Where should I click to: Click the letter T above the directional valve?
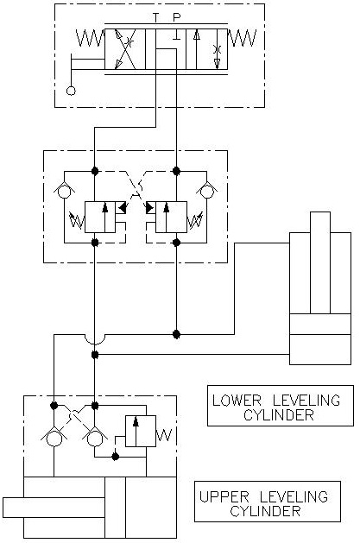click(x=155, y=16)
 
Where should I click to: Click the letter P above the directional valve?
click(x=177, y=16)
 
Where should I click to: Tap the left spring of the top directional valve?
click(x=91, y=38)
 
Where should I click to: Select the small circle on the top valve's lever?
click(x=71, y=91)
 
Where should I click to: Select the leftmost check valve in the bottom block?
click(x=54, y=437)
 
